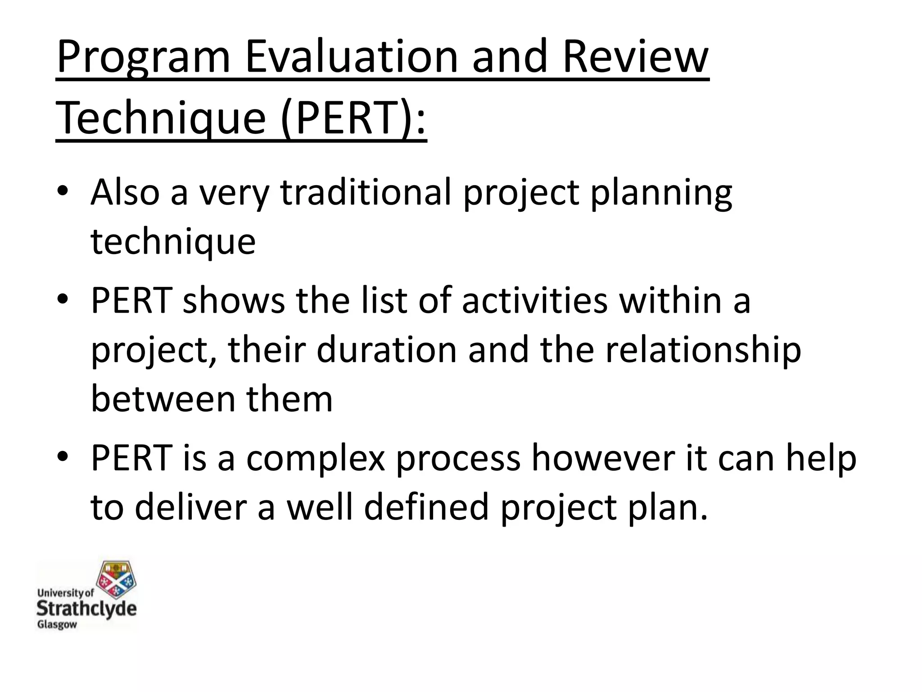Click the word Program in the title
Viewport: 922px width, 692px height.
coord(143,58)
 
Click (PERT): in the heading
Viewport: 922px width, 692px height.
coord(353,118)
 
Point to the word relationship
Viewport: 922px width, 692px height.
coord(703,351)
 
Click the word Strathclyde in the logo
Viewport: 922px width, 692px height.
coord(86,609)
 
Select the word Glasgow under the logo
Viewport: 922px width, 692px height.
coord(57,625)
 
